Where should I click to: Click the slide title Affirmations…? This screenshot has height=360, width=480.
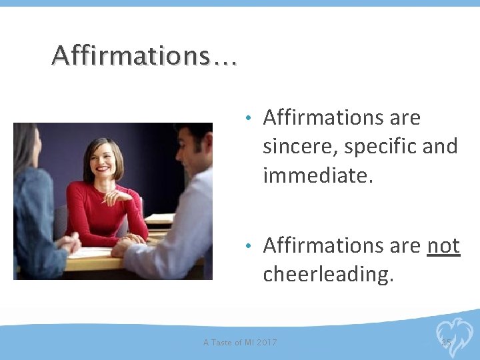[x=144, y=56]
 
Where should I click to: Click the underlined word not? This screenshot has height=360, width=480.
[x=443, y=245]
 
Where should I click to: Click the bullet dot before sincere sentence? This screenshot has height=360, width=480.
[x=247, y=119]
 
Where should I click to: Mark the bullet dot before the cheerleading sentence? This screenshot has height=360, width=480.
[x=247, y=246]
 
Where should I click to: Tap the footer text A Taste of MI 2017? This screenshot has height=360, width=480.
[x=240, y=343]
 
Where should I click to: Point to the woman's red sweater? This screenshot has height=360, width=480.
[x=100, y=213]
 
